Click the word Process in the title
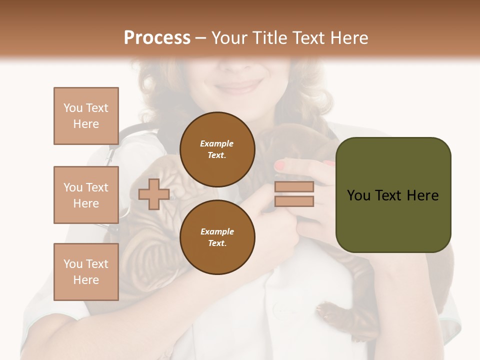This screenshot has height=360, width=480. click(157, 38)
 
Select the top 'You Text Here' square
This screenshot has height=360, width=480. click(86, 116)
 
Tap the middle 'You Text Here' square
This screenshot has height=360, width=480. click(86, 195)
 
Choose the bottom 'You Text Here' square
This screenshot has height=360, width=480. click(86, 272)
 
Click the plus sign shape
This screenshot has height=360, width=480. click(153, 194)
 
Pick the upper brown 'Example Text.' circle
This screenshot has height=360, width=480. click(217, 149)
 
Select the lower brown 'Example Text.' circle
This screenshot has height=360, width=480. click(217, 237)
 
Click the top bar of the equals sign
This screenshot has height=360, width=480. click(294, 187)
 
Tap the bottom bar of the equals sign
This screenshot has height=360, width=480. click(294, 201)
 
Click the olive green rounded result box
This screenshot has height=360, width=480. click(393, 195)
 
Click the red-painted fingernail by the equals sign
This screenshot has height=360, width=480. click(280, 165)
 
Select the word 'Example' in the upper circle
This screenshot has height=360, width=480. click(217, 143)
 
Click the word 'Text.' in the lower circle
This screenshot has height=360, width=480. click(217, 243)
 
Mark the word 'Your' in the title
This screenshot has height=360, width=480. click(229, 38)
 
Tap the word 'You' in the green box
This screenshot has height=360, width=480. click(358, 195)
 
